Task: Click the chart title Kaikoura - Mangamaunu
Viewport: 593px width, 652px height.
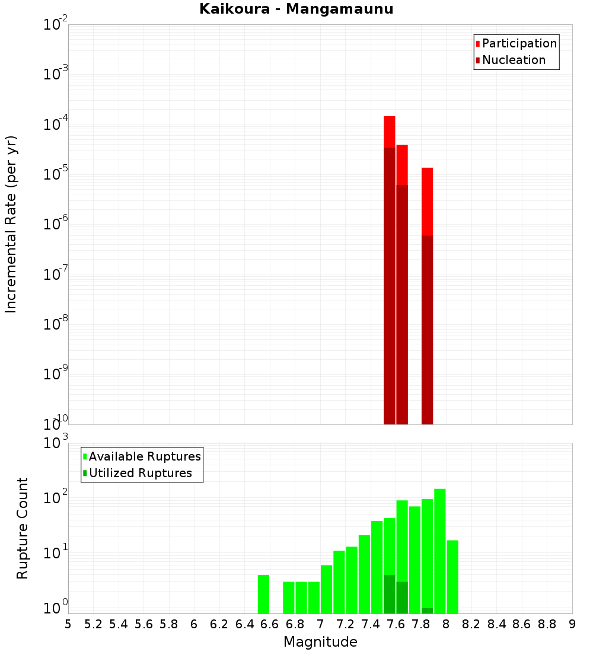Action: [x=296, y=9]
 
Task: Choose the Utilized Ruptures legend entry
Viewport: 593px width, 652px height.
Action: [x=140, y=473]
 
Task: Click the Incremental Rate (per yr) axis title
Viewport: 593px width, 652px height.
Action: [x=11, y=224]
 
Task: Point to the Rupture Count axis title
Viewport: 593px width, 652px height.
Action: [x=23, y=528]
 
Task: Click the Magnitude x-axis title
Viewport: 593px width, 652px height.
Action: [x=320, y=642]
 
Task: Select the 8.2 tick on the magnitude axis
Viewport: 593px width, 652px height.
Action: [x=471, y=624]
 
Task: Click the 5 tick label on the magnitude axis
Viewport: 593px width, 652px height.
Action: [x=68, y=624]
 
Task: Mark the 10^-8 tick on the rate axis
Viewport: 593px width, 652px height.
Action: [x=56, y=324]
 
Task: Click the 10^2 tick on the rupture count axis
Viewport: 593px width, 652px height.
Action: [x=56, y=497]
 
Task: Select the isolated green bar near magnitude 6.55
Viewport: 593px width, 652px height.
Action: [x=264, y=594]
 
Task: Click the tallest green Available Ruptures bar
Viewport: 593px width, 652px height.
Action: [x=440, y=551]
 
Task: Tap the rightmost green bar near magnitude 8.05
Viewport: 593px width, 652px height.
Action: [x=452, y=577]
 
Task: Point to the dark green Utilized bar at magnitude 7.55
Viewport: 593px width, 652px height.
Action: [x=390, y=594]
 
